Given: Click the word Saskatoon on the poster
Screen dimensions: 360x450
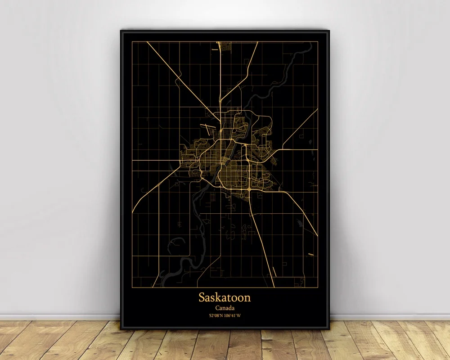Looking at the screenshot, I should click(x=225, y=297).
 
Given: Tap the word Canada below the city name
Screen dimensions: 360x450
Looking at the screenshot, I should click(x=225, y=307).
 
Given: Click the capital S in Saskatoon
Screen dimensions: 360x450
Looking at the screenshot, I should click(x=202, y=297).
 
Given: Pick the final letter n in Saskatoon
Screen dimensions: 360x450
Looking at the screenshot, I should click(x=247, y=297).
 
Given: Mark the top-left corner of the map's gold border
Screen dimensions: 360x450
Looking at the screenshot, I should click(x=132, y=41).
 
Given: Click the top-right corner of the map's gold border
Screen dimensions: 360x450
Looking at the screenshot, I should click(x=318, y=41).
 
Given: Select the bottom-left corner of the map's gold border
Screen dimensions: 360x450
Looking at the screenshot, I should click(x=132, y=287).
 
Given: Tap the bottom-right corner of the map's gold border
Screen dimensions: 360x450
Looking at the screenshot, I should click(x=318, y=287).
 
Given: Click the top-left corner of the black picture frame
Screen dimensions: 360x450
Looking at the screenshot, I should click(x=121, y=30).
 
